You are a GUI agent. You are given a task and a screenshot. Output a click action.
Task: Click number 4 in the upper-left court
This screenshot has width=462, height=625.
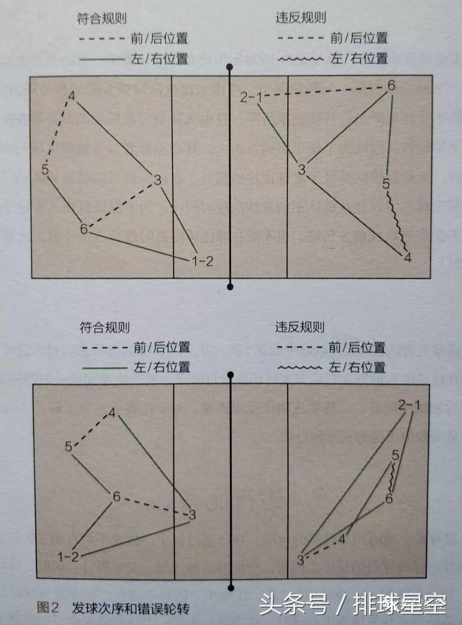coord(71,96)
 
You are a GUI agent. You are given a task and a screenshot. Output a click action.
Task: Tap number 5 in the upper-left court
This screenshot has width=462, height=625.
coord(45,169)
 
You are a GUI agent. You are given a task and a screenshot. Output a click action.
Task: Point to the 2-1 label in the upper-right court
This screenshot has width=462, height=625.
coord(251,98)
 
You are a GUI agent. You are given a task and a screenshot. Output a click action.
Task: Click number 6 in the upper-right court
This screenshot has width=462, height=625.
coord(391,86)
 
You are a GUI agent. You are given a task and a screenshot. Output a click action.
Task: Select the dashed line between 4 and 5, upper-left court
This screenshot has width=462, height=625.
coord(57,133)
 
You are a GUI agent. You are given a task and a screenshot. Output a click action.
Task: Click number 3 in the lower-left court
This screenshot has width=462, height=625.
coord(192,515)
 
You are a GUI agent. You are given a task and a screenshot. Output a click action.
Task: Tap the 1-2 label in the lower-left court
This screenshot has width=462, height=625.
coord(68,557)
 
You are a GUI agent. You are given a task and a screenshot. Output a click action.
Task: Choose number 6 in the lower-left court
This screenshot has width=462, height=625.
coord(116,497)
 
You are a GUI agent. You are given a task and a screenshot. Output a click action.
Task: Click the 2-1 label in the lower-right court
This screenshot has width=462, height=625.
coord(409,405)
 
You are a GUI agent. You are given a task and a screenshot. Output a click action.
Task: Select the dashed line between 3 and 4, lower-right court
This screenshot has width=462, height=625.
coord(322,549)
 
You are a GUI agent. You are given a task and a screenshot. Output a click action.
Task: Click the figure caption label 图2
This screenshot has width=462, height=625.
coord(47,608)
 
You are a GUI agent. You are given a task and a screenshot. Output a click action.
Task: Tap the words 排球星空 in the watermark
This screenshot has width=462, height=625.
coord(400,604)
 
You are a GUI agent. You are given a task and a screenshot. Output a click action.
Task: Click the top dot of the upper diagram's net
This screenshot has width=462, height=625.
coord(230,67)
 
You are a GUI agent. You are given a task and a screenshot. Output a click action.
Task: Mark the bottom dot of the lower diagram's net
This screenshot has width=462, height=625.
coord(231,588)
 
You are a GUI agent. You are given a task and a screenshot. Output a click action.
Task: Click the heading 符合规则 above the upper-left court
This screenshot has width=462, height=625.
coord(102,18)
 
